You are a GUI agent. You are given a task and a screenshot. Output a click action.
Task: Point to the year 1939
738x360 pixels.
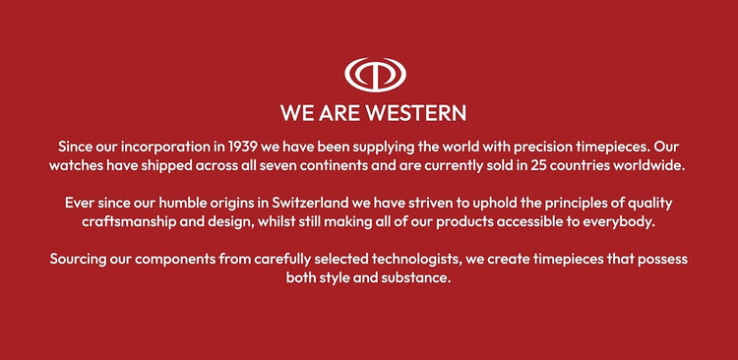(x=242, y=147)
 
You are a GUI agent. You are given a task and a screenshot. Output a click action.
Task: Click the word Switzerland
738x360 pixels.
(x=311, y=204)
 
